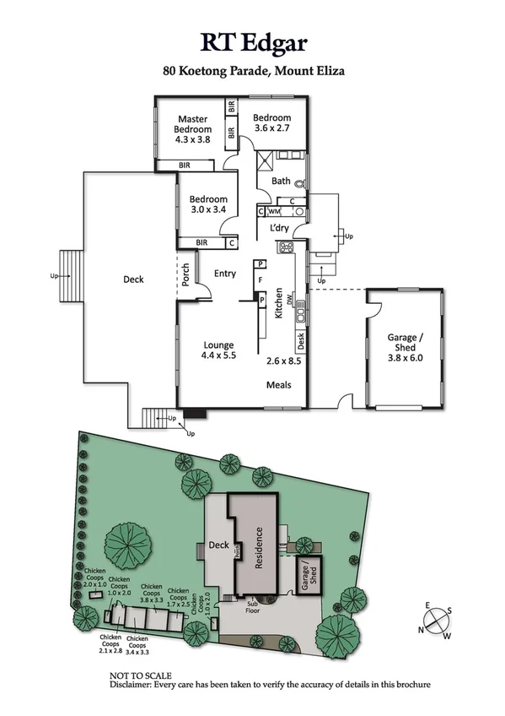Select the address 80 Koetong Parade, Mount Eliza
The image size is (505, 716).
tap(254, 72)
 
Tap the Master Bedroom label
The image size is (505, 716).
tap(193, 129)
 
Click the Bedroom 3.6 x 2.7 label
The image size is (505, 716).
tap(272, 123)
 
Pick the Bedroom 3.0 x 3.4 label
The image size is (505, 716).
tap(207, 205)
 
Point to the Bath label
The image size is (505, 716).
tap(281, 181)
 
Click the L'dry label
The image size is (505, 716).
tap(279, 229)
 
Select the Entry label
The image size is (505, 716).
tap(225, 274)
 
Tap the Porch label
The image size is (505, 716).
tap(185, 275)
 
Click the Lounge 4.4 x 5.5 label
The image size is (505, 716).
tap(218, 350)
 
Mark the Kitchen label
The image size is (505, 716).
tap(278, 302)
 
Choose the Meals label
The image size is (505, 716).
tap(279, 385)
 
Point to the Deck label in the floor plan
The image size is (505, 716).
tap(134, 279)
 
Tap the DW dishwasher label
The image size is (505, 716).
tap(289, 300)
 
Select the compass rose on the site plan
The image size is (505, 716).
tap(438, 621)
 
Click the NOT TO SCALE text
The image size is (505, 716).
tap(141, 675)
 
